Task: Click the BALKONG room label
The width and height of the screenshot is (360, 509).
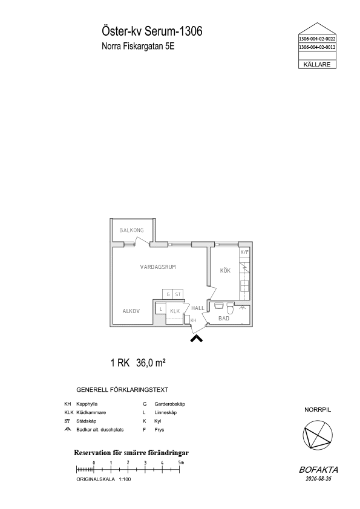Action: (x=131, y=230)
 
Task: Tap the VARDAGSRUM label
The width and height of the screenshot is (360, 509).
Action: (x=158, y=267)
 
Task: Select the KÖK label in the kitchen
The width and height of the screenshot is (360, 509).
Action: (x=225, y=270)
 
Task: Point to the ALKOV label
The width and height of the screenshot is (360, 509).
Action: (x=131, y=311)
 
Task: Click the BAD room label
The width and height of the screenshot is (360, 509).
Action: (x=224, y=319)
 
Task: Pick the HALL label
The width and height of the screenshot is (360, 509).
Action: (x=197, y=308)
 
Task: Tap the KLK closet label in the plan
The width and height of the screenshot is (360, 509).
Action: (x=175, y=311)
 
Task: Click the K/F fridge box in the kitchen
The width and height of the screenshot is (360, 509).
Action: (x=244, y=252)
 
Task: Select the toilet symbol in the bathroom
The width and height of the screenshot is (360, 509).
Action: (x=230, y=307)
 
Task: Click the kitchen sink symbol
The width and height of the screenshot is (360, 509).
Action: (x=244, y=286)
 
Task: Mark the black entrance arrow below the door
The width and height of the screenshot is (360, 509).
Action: (x=196, y=339)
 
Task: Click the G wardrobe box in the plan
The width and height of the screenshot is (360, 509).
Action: (x=168, y=294)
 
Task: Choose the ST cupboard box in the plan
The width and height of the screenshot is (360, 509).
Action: (x=178, y=294)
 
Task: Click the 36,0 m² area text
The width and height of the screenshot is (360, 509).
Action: (x=151, y=363)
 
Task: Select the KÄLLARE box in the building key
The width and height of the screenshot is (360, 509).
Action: (x=317, y=64)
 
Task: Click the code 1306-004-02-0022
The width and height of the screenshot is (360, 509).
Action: (x=317, y=39)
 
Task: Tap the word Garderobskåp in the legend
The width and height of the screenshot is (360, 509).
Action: (x=169, y=404)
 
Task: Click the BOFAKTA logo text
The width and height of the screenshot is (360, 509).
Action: (x=318, y=470)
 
